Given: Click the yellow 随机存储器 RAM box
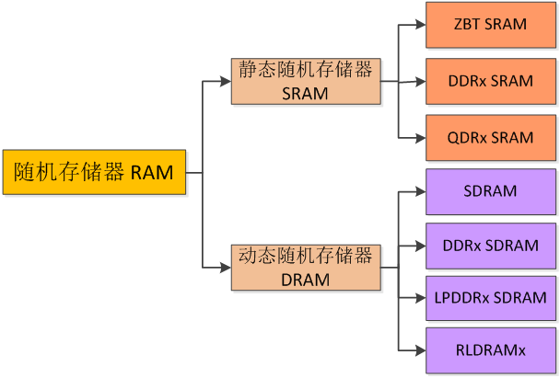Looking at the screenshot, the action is tap(94, 172).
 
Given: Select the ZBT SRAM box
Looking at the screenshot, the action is tap(491, 25).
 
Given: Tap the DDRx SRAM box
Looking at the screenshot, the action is tap(491, 81).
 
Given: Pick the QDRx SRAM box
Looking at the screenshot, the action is tap(491, 138).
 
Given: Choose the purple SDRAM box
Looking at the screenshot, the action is tap(491, 192).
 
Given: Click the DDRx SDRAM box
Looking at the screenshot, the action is tap(491, 246).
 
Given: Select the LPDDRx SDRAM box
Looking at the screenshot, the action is tap(491, 298).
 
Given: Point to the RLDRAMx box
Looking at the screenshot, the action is tap(491, 350).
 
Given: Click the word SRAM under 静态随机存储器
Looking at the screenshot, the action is tap(305, 94).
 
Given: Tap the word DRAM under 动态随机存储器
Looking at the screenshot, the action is tap(306, 280).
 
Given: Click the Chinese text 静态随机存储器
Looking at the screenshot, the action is tap(306, 69).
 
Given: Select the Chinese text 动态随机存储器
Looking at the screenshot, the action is tap(306, 256).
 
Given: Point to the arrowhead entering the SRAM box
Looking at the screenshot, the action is tap(226, 81).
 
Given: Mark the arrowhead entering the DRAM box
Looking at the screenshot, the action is tap(226, 268).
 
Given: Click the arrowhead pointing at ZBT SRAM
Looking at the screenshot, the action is tap(420, 25).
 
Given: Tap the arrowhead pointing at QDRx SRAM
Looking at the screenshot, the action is tap(420, 138).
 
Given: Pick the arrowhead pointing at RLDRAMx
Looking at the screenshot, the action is tap(420, 350).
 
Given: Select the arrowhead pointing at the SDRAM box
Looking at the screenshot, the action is tap(420, 192).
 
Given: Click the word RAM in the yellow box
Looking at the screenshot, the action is tap(152, 173).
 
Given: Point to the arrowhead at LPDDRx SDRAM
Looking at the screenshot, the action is tap(420, 298).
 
